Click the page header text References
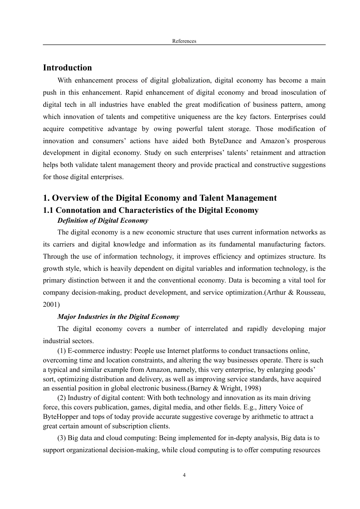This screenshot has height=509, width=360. coord(184,41)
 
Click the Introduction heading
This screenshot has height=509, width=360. coord(67,68)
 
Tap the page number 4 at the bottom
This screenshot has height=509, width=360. coord(184,475)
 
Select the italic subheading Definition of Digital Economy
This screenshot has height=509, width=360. coord(103,220)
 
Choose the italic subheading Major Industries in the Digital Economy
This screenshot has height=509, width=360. coord(118,317)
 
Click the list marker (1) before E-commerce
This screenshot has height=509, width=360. coord(62,351)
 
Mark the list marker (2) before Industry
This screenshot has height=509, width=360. coord(62,398)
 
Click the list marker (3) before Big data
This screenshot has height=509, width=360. coord(62,438)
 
